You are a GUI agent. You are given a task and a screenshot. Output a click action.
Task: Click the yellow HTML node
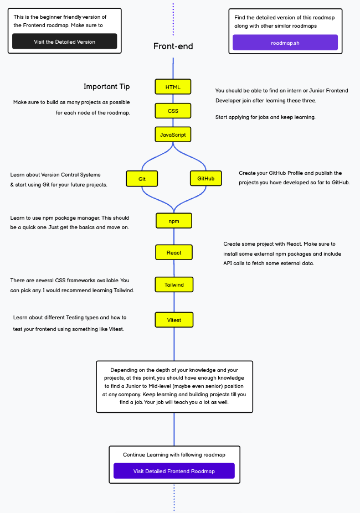[x=173, y=87]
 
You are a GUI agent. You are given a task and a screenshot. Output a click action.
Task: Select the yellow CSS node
[x=173, y=111]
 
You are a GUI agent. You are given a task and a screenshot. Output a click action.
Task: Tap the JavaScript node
[x=173, y=134]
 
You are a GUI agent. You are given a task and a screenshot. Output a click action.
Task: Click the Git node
[x=142, y=179]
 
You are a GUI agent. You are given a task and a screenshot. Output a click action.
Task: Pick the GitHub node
[x=205, y=178]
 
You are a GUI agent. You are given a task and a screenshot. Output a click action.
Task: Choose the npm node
[x=174, y=221]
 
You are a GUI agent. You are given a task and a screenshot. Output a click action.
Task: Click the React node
[x=174, y=252]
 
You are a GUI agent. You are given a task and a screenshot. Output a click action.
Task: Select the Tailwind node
[x=174, y=285]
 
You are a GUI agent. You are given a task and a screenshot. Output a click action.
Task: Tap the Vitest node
[x=174, y=320]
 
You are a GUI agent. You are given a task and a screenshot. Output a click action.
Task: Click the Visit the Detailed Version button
[x=64, y=42]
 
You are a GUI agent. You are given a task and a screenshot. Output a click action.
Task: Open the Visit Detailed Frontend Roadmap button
[x=174, y=471]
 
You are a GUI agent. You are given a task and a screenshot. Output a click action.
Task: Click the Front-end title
[x=173, y=46]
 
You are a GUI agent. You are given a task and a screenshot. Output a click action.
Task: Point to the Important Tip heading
[x=107, y=86]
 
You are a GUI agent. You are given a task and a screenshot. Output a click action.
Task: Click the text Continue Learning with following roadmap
[x=174, y=454]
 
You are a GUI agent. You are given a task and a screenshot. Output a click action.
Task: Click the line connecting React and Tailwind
[x=174, y=268]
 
